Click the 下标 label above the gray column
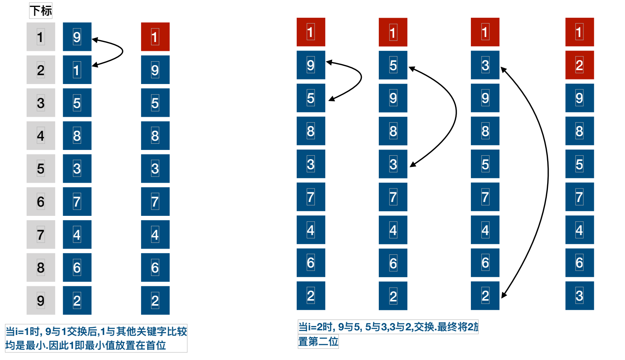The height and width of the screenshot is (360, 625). coord(41,11)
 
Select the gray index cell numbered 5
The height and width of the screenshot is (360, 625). coord(41,169)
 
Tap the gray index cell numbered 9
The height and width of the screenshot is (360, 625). coord(41,300)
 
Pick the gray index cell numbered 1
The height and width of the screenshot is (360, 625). coord(41,37)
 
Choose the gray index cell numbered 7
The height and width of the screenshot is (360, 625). coord(41,234)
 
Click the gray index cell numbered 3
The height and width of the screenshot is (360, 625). coord(41,103)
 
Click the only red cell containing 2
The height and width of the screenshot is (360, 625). coord(580,65)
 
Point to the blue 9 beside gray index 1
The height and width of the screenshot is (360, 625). coord(77,37)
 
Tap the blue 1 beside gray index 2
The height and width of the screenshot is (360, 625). coord(77,70)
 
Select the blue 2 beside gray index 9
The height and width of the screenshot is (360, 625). coord(77,300)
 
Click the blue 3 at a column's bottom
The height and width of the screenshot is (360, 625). coord(580,296)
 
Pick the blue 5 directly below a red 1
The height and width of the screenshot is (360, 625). coord(393,65)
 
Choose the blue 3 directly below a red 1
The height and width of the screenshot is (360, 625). coord(485,65)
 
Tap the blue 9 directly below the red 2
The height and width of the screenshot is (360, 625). coord(580,98)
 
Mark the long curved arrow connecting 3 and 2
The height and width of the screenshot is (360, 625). coord(548,173)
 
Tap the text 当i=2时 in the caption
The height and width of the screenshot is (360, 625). coord(316,327)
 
